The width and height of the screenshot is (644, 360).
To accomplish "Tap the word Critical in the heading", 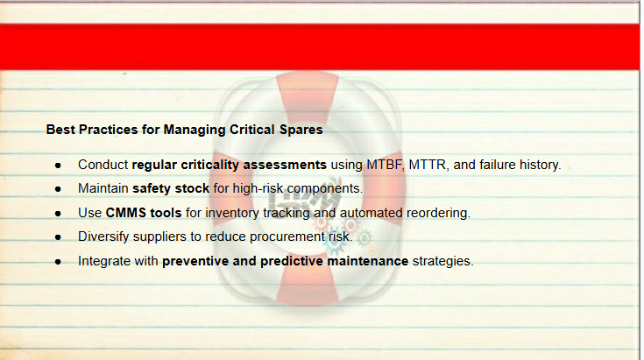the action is coord(251,130).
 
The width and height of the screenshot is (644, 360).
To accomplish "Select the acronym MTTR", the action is coord(428,165).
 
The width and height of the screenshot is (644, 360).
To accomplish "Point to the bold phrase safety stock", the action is coord(171,188).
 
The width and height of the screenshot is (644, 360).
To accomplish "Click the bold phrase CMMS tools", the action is coord(144,213).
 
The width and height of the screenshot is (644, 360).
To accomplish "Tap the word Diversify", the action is coord(103,236).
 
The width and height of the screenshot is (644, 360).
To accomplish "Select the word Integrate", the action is coord(104,262).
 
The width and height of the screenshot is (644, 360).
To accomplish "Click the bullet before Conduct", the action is coord(58,166).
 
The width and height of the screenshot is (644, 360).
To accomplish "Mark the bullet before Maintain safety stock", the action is coord(58,189).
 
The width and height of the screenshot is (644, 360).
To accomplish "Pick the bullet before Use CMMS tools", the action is coord(58,214).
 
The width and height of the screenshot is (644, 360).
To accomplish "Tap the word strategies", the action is coord(442,262).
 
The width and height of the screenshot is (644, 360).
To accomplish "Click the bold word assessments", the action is coord(285,165).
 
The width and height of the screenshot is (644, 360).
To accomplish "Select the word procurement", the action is coord(287,236).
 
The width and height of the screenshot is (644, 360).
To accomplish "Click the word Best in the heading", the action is coord(60,130).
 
